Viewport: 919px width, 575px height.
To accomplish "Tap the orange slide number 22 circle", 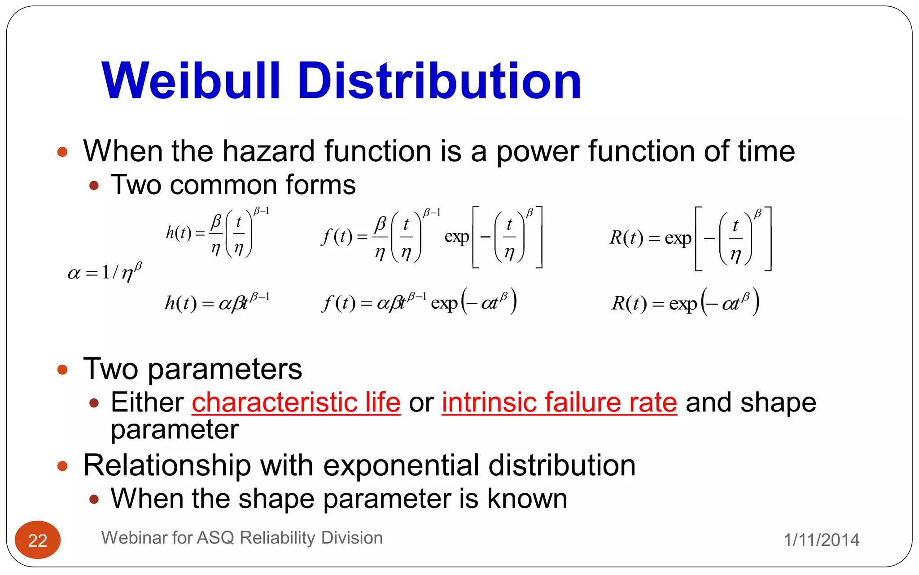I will pyautogui.click(x=38, y=540).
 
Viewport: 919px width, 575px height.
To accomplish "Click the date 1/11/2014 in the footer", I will pyautogui.click(x=821, y=540).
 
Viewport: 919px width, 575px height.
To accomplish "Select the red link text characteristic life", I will pyautogui.click(x=296, y=402).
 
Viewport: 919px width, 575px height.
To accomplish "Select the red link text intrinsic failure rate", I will pyautogui.click(x=559, y=402).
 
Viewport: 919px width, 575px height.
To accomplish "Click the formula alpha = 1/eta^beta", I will pyautogui.click(x=105, y=272).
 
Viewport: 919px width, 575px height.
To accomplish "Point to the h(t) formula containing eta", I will pyautogui.click(x=217, y=234).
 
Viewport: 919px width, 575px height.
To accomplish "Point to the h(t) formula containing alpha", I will pyautogui.click(x=217, y=303).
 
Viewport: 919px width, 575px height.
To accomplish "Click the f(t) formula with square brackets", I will pyautogui.click(x=432, y=237).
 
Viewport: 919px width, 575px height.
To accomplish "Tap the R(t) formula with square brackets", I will pyautogui.click(x=690, y=238).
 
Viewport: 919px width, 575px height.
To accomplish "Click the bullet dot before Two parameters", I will pyautogui.click(x=62, y=370).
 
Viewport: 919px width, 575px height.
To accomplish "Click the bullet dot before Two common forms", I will pyautogui.click(x=94, y=185).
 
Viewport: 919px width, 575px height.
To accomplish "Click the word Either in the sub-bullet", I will pyautogui.click(x=147, y=402).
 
